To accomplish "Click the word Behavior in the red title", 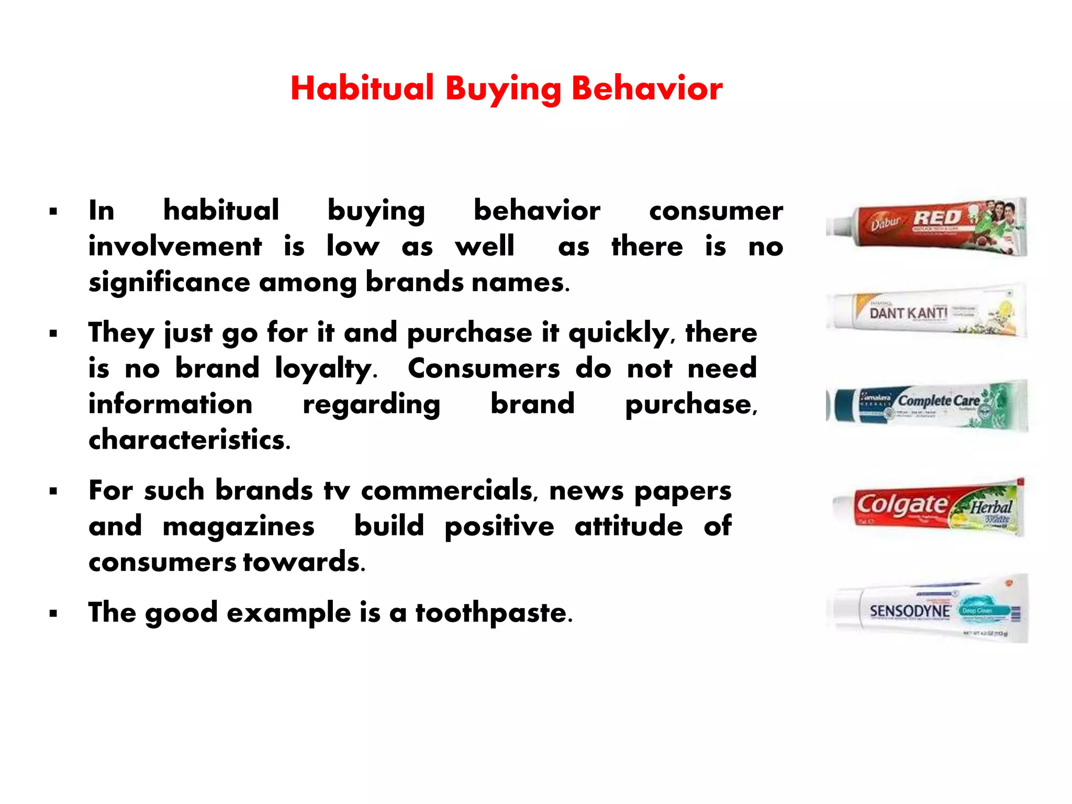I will [x=647, y=88].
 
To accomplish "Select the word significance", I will [x=169, y=283].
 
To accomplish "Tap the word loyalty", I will [x=325, y=368].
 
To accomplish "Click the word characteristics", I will [x=189, y=440].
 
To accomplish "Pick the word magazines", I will [x=239, y=526].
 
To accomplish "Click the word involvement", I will [x=175, y=247].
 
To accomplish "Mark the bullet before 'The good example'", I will [x=53, y=613].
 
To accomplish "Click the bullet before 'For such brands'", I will [x=53, y=492].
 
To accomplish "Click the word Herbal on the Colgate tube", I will [x=991, y=507].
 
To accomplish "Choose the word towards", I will [x=304, y=562].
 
